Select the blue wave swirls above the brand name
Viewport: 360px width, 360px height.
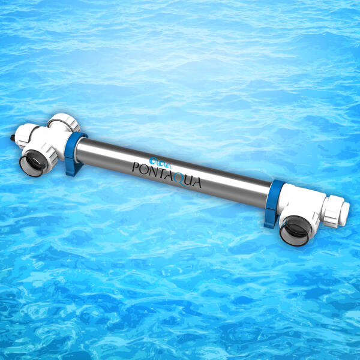coord(160,163)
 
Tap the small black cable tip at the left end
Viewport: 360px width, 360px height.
coord(13,138)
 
